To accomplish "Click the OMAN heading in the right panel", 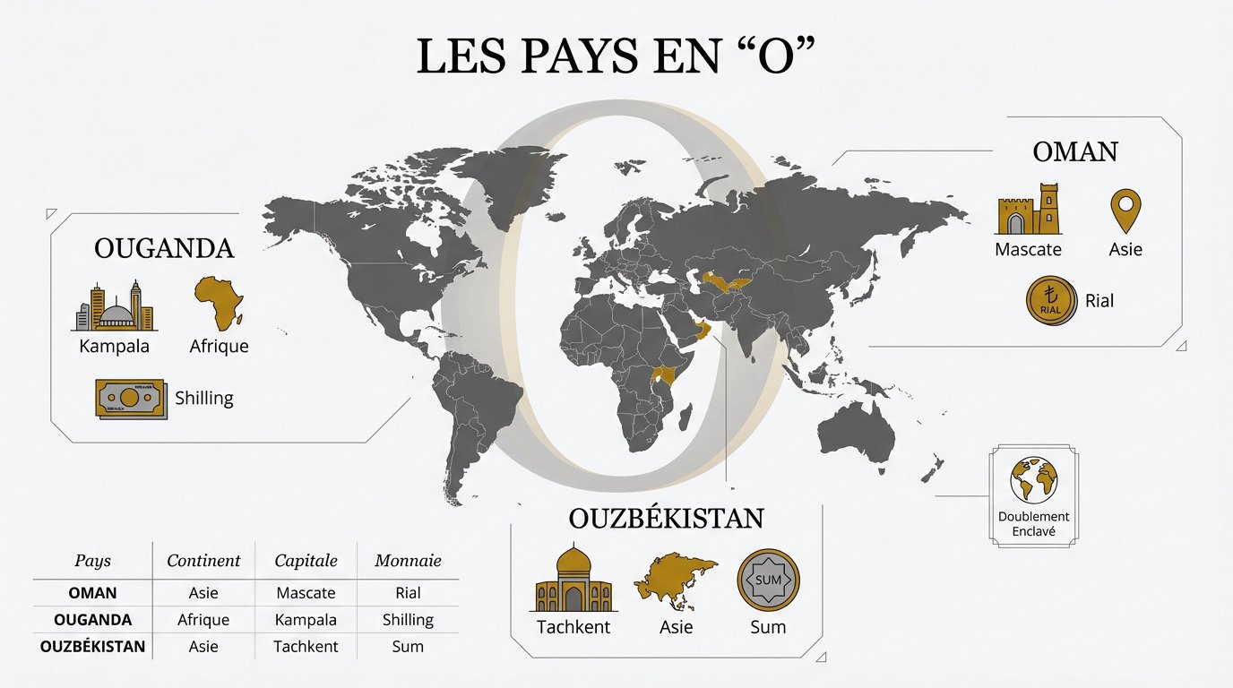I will coord(1075,152).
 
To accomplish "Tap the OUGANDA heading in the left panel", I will coord(164,248).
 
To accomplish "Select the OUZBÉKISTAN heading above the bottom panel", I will coord(666,519).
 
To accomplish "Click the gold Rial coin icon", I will coord(1050,300).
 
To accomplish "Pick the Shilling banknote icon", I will coord(130,398).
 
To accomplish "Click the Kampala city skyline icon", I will coord(115,306).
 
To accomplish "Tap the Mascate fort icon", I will coord(1029,210).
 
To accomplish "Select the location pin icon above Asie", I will coord(1125,211).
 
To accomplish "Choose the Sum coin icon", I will coord(768,580).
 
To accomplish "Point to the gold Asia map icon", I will coord(675,580).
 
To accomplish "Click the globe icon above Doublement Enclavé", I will coord(1034,480).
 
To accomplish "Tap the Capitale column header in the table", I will coord(306,561).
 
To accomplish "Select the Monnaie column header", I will coord(408,561).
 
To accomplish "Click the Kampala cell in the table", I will coord(306,620).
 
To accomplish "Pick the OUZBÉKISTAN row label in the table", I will coord(92,646).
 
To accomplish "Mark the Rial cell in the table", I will coord(408,593).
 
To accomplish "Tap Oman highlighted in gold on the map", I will coord(705,334).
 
